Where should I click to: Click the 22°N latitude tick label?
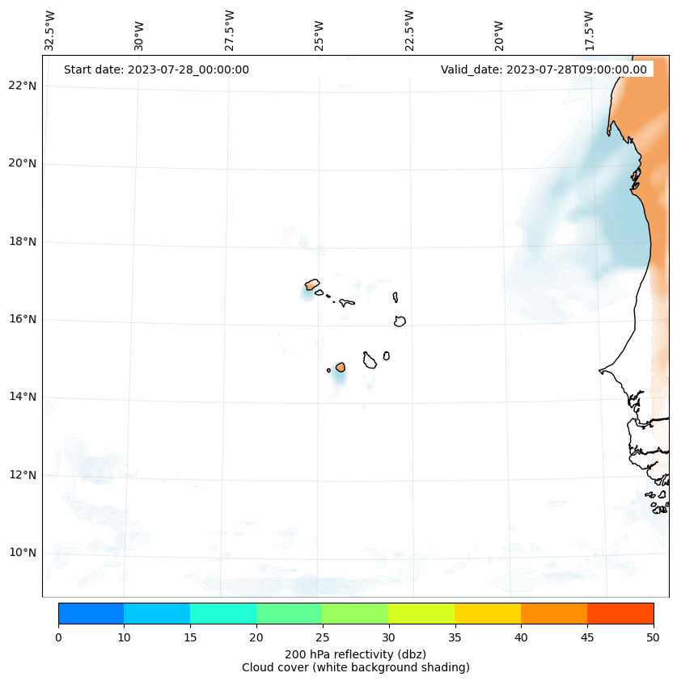[22, 86]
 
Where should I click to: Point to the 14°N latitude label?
[22, 397]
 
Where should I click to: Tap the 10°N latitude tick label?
[22, 553]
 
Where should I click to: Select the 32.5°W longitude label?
[50, 31]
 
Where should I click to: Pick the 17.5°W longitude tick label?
[589, 31]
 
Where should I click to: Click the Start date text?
[156, 69]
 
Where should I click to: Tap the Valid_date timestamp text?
[544, 69]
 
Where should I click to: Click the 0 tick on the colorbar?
[58, 637]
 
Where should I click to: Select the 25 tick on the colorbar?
[322, 637]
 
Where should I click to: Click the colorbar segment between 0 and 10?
[91, 613]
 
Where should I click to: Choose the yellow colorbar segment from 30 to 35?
[421, 613]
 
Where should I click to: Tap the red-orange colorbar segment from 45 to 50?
[620, 613]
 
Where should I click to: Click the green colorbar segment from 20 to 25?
[289, 613]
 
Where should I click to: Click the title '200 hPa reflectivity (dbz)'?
[355, 654]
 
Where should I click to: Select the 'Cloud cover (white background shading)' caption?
[355, 667]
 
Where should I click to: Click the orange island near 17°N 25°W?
[312, 284]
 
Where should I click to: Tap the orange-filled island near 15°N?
[341, 367]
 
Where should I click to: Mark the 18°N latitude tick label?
[22, 242]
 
